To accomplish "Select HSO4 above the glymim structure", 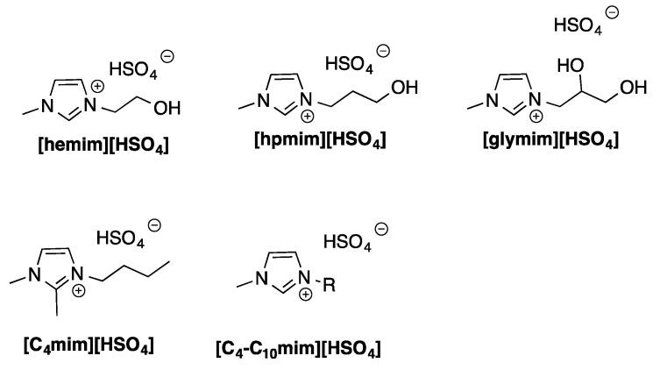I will point(576,24).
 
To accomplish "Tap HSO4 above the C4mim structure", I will point(119,237).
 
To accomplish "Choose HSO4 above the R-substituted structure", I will point(344,240).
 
